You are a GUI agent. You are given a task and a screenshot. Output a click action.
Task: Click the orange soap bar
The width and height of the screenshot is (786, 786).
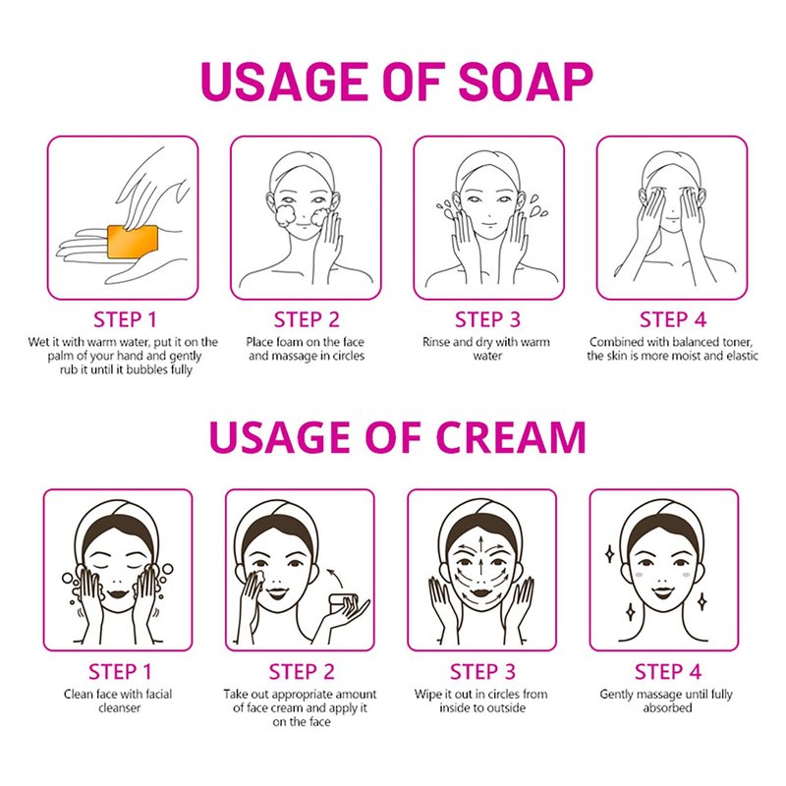coord(133,241)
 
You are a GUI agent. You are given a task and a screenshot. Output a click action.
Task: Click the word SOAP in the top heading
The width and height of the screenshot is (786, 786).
coord(526,82)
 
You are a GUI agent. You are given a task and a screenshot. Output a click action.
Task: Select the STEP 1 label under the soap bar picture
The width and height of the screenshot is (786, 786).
coord(125,319)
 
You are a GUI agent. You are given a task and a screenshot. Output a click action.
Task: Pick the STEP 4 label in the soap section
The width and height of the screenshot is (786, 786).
coord(673,319)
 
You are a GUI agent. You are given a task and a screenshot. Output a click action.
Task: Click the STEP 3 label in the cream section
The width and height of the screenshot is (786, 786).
coord(482,672)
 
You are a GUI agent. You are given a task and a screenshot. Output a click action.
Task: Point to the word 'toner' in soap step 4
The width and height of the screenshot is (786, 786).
coord(736,342)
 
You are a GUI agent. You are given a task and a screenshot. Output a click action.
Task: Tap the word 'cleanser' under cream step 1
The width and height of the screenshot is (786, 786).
coord(119,707)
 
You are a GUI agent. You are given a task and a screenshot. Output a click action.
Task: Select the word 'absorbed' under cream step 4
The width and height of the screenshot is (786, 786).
coord(667,707)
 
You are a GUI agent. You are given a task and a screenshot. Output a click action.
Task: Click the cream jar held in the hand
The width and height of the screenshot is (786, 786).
coord(343,602)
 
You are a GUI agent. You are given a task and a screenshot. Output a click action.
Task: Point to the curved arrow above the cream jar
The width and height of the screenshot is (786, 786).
coord(335,577)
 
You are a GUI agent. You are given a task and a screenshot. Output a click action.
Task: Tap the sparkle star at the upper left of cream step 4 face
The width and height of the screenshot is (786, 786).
coord(610,554)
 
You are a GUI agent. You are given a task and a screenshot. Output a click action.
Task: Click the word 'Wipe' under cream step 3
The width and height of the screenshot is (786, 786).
coord(427,695)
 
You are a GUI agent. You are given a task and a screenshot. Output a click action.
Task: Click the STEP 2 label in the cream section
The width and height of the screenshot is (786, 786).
coord(302,672)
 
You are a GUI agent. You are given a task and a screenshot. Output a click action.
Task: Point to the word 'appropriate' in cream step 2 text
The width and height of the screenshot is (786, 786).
coord(302,695)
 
